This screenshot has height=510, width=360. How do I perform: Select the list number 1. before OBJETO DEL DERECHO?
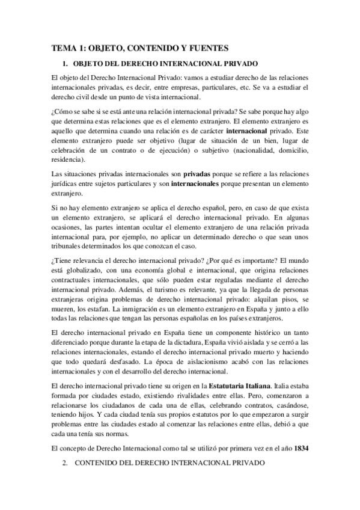tap(66, 63)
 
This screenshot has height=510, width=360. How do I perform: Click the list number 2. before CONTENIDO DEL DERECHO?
tap(66, 464)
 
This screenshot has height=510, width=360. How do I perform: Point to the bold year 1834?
tap(300, 449)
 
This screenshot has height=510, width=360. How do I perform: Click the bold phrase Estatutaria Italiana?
tap(238, 386)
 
